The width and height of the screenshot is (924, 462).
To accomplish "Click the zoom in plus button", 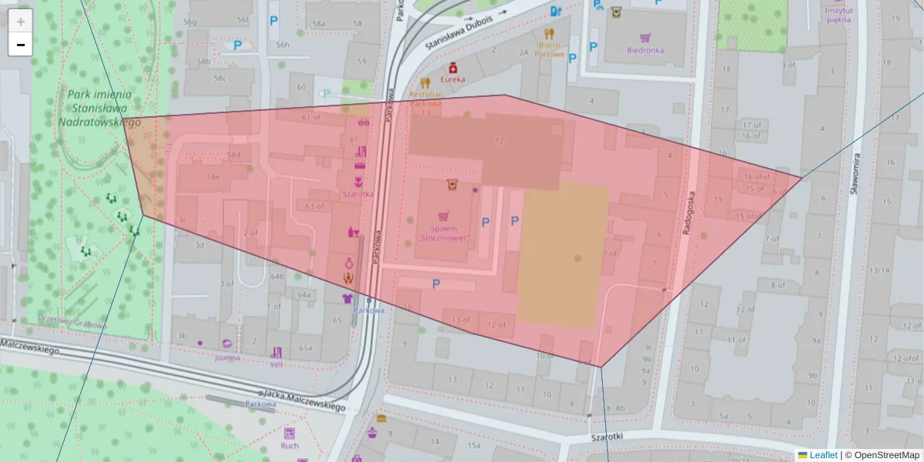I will pos(21,22).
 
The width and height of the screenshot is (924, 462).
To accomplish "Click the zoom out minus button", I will pos(21,45).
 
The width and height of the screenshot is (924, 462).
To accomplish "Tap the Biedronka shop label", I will pos(644,51).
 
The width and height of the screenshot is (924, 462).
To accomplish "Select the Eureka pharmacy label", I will pos(453,79).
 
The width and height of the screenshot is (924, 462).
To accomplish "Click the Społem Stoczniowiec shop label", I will pos(443,233).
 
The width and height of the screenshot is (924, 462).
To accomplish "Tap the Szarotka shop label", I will pos(358,194).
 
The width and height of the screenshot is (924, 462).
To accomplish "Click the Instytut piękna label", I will pos(838,15).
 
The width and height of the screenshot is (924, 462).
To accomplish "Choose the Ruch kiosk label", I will pos(290,446).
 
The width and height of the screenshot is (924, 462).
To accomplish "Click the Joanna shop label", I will pos(227,357).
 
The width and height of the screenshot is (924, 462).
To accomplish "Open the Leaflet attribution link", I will pos(822,455).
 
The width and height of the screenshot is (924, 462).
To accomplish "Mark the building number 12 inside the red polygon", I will pos(499,141).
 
